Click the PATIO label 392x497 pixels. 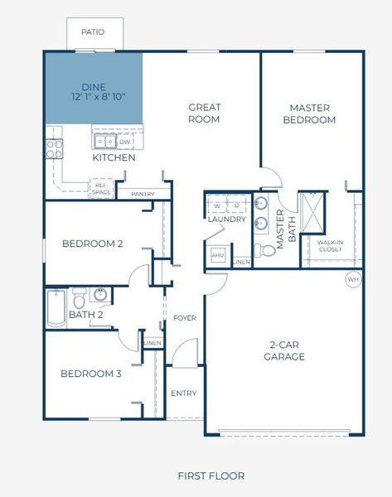click(x=93, y=32)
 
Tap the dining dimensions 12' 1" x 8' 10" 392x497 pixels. click(x=93, y=98)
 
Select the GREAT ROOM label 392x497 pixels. click(x=203, y=113)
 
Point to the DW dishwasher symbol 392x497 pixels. click(x=124, y=142)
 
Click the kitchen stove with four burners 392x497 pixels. click(x=54, y=148)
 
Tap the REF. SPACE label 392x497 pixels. click(x=101, y=190)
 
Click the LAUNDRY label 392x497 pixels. click(x=227, y=220)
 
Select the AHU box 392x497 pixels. click(x=218, y=255)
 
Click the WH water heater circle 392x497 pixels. click(x=353, y=280)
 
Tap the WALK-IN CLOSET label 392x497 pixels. click(x=330, y=244)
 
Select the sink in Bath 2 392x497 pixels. click(x=100, y=294)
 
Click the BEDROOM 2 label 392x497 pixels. click(x=92, y=244)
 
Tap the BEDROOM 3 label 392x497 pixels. click(x=91, y=374)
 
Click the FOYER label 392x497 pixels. click(x=183, y=318)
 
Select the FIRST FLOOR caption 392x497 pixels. click(x=211, y=475)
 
